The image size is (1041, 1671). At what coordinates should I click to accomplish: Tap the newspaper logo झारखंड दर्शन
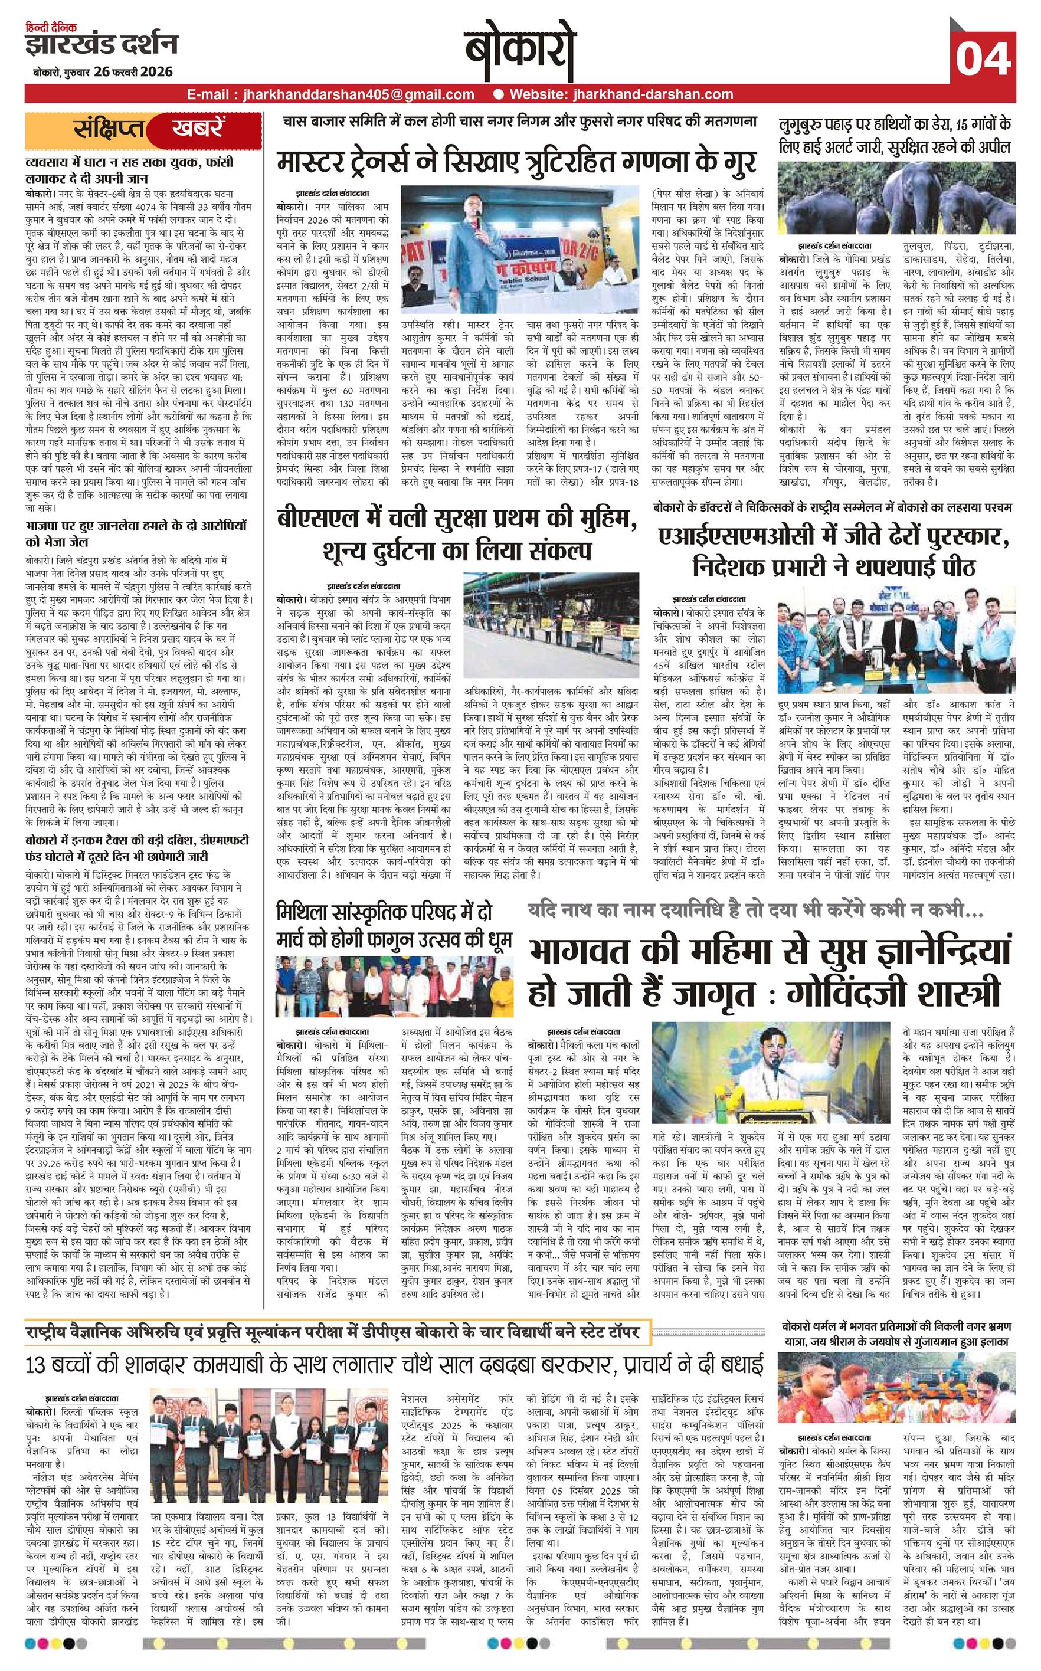pos(102,45)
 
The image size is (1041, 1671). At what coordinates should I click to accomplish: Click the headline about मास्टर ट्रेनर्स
pos(516,162)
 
